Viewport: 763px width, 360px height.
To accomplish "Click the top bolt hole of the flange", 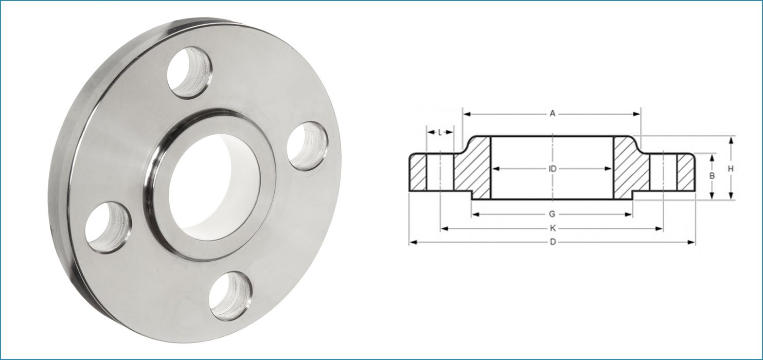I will pos(189,72).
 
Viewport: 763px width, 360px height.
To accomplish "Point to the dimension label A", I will pos(553,114).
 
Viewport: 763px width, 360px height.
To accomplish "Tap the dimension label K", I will pos(552,228).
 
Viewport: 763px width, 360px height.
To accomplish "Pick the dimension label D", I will pos(552,242).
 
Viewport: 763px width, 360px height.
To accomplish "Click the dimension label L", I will pos(440,132).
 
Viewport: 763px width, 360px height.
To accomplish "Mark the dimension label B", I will pos(712,176).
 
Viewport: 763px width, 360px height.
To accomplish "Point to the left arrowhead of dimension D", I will pos(412,242).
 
